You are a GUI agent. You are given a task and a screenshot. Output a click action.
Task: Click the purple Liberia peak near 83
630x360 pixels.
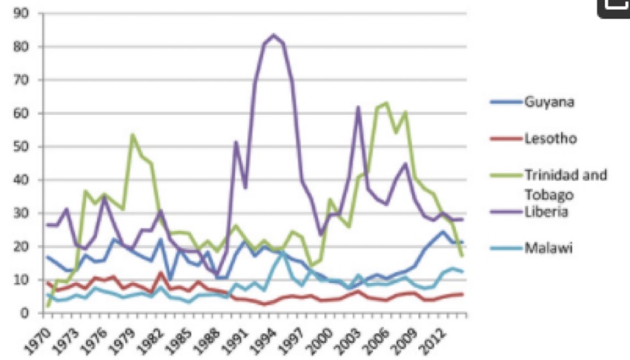pyautogui.click(x=274, y=35)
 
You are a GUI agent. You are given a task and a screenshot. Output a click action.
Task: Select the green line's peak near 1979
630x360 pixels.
pyautogui.click(x=132, y=135)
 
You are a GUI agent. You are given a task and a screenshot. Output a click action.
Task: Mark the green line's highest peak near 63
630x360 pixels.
pyautogui.click(x=386, y=103)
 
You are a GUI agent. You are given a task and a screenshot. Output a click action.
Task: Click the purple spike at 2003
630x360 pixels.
pyautogui.click(x=358, y=107)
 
